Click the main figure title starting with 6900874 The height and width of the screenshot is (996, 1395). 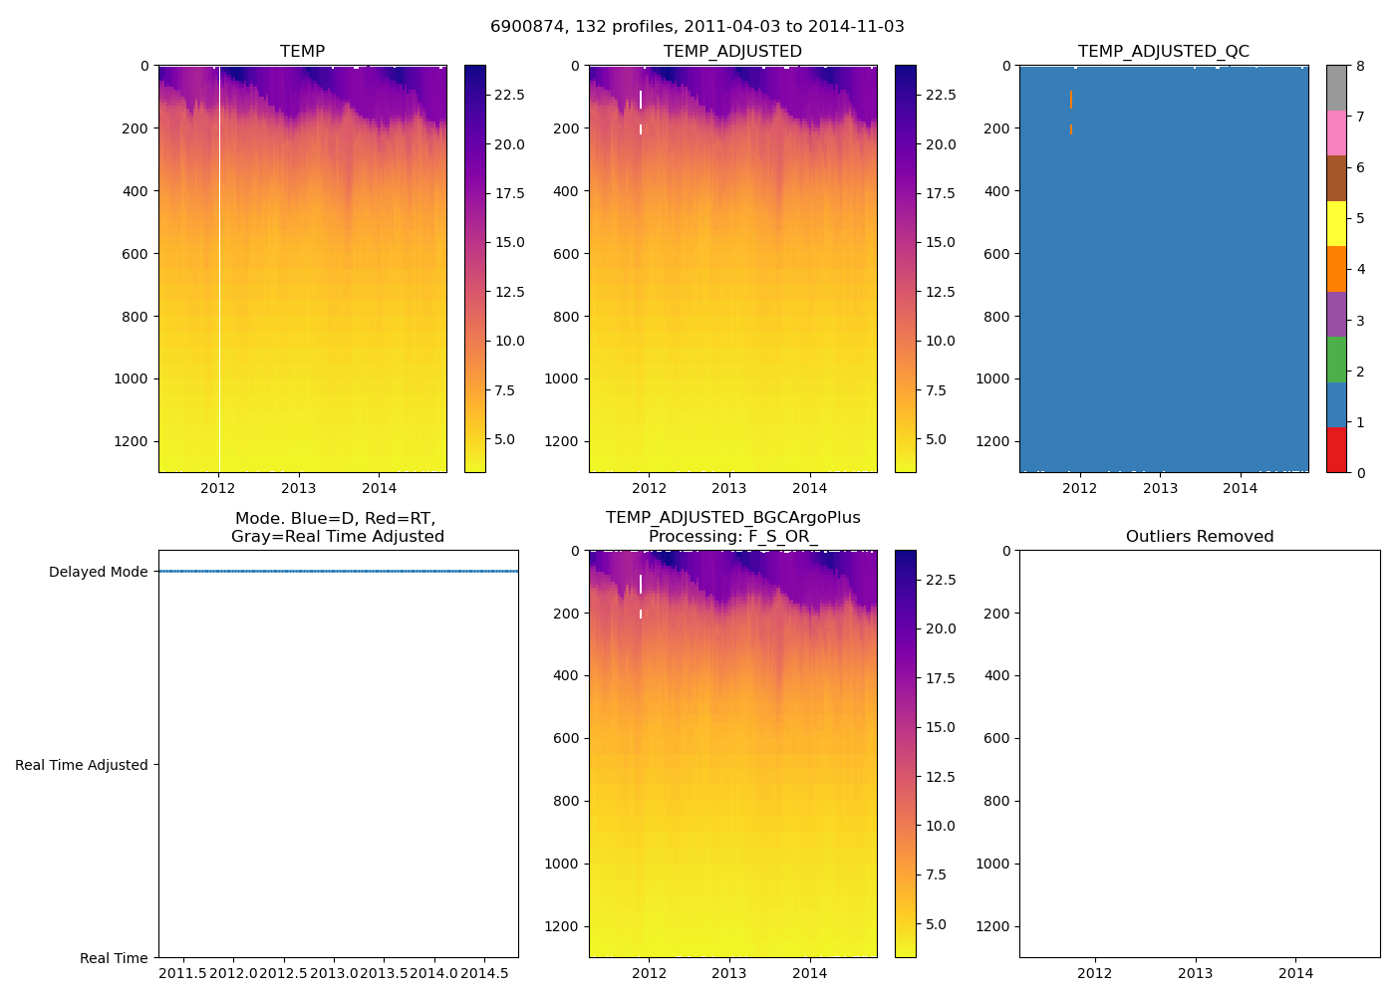pos(697,27)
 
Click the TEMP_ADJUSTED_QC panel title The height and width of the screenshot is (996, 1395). pos(1163,52)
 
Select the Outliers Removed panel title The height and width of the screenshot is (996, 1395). pos(1199,537)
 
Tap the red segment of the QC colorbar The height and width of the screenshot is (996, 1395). pos(1336,450)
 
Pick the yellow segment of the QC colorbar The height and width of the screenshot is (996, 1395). pos(1336,223)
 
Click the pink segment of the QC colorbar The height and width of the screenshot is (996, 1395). pos(1336,132)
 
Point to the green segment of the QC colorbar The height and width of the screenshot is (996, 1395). pos(1336,360)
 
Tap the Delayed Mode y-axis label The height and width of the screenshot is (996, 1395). pos(98,572)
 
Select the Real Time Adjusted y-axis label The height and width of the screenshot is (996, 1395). pos(81,765)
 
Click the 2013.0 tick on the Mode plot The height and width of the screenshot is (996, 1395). pos(334,973)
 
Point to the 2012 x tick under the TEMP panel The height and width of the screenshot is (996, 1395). pos(218,488)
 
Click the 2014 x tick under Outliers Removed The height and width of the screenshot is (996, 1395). pos(1295,973)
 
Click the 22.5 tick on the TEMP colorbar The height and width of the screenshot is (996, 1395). pos(509,95)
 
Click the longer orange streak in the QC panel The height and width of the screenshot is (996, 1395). pos(1071,100)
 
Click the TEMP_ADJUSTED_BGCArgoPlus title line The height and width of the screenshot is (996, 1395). pos(732,518)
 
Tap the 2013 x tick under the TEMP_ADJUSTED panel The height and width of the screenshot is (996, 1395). pos(728,488)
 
